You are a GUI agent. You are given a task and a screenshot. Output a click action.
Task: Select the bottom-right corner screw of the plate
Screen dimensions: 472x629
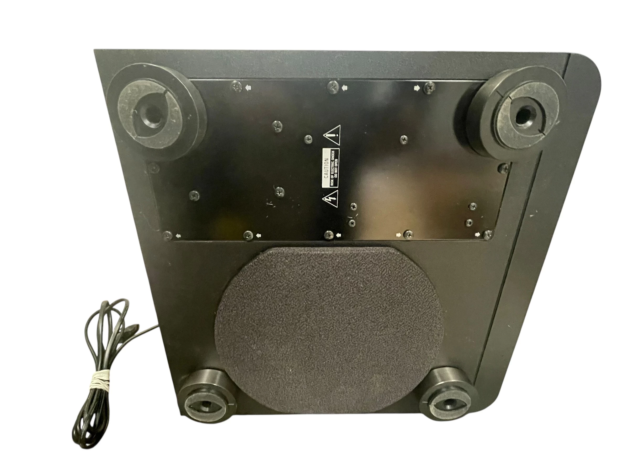[488, 234]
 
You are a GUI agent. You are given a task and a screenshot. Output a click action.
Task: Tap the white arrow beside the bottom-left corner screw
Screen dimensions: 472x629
[178, 235]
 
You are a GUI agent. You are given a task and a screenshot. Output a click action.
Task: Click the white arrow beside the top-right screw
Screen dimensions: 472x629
[417, 88]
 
